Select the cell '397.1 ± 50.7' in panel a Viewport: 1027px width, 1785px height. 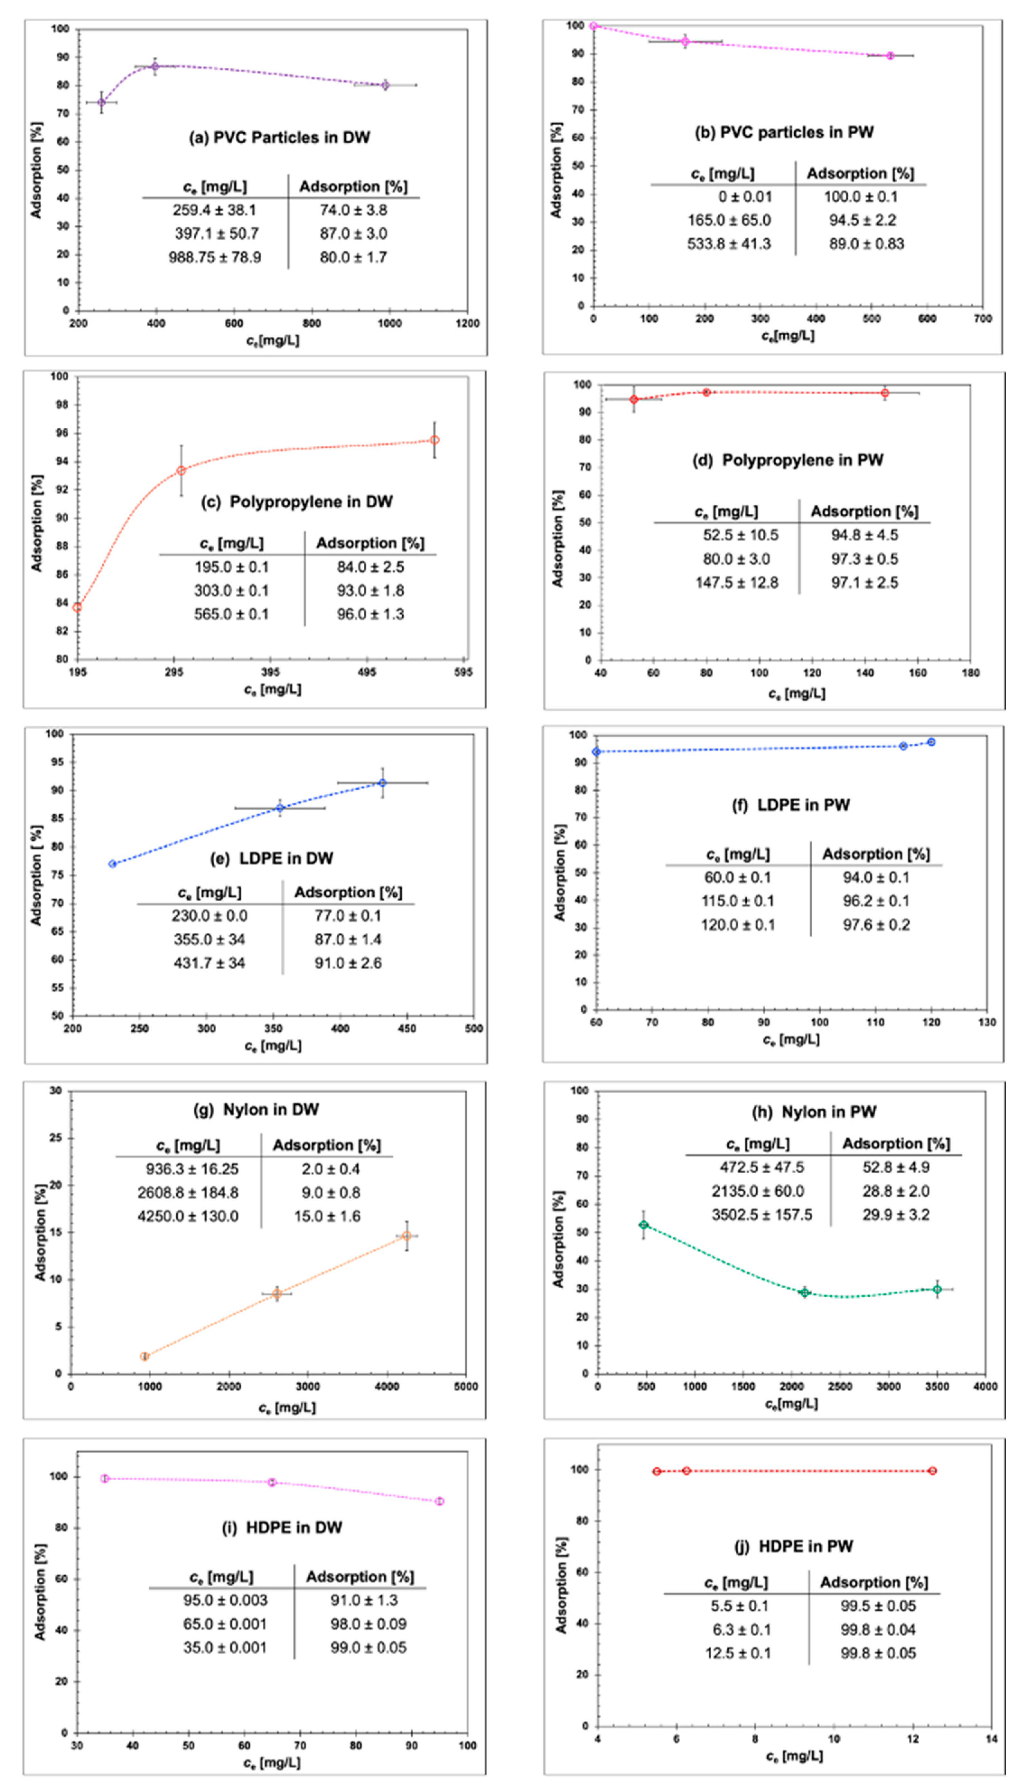(217, 234)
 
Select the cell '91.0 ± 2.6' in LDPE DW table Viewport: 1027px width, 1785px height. (348, 963)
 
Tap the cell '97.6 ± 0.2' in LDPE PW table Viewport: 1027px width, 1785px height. (876, 925)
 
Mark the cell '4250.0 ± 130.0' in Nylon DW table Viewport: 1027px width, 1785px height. (188, 1216)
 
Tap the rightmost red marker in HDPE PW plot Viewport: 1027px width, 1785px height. (932, 1471)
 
